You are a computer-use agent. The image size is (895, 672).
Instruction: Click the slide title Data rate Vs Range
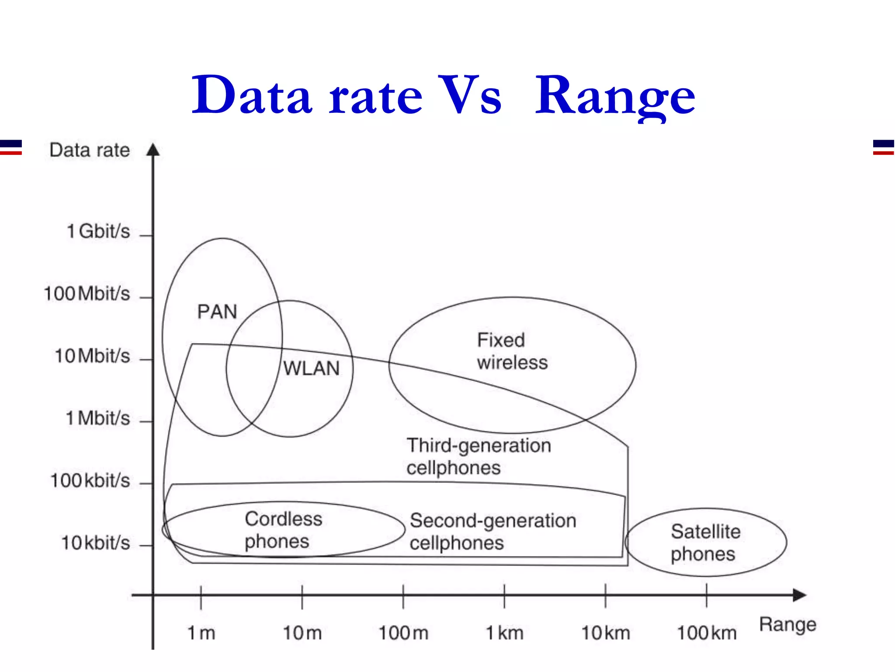coord(443,95)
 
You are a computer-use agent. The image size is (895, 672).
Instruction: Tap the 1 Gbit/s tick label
coord(98,231)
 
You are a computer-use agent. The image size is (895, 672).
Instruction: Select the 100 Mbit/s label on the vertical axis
coord(87,294)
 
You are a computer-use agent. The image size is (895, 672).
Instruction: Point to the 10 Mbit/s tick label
coord(92,356)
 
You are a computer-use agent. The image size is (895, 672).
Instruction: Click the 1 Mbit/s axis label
coord(98,418)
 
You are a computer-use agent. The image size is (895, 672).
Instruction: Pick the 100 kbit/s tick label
coord(90,480)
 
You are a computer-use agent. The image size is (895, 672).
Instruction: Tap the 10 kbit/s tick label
coord(95,543)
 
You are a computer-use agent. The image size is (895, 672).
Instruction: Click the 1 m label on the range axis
coord(201,633)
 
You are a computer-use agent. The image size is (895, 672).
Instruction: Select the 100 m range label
coord(403,633)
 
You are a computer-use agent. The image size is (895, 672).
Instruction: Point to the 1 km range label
coord(505,633)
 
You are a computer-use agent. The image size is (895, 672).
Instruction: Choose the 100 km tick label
coord(707,633)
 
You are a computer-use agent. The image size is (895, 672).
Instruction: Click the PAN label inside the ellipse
coord(217,312)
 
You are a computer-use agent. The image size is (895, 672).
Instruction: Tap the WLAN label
coord(311,368)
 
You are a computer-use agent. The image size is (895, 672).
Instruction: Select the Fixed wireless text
coord(512,351)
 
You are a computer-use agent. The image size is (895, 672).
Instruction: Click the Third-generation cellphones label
coord(479,456)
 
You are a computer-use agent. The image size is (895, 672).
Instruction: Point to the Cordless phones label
coord(283,530)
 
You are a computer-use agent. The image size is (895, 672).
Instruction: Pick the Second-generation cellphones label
coord(493,532)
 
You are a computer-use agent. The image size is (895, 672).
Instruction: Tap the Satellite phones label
coord(705,542)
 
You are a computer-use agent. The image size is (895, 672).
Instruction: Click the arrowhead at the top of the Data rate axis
coord(153,150)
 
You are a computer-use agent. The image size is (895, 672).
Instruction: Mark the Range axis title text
coord(787,624)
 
